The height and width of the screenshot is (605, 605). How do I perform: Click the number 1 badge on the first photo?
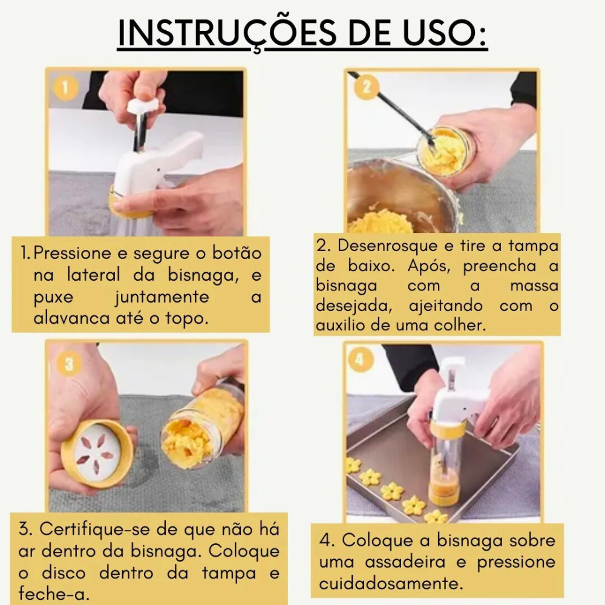point(65,88)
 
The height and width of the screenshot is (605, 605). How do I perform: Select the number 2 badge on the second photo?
point(367,87)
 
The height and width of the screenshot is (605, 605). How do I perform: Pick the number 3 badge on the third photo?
point(69,364)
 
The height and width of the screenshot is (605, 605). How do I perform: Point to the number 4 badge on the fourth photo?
point(360,359)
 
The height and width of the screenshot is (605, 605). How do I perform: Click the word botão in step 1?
point(237,253)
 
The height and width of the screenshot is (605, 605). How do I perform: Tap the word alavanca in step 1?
point(65,318)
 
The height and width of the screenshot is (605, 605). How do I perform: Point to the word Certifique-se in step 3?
point(94,529)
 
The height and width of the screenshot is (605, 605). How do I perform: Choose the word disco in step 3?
point(64,572)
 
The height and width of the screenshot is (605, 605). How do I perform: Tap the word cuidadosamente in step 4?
point(391,583)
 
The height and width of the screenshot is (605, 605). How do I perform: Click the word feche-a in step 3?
point(54,594)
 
